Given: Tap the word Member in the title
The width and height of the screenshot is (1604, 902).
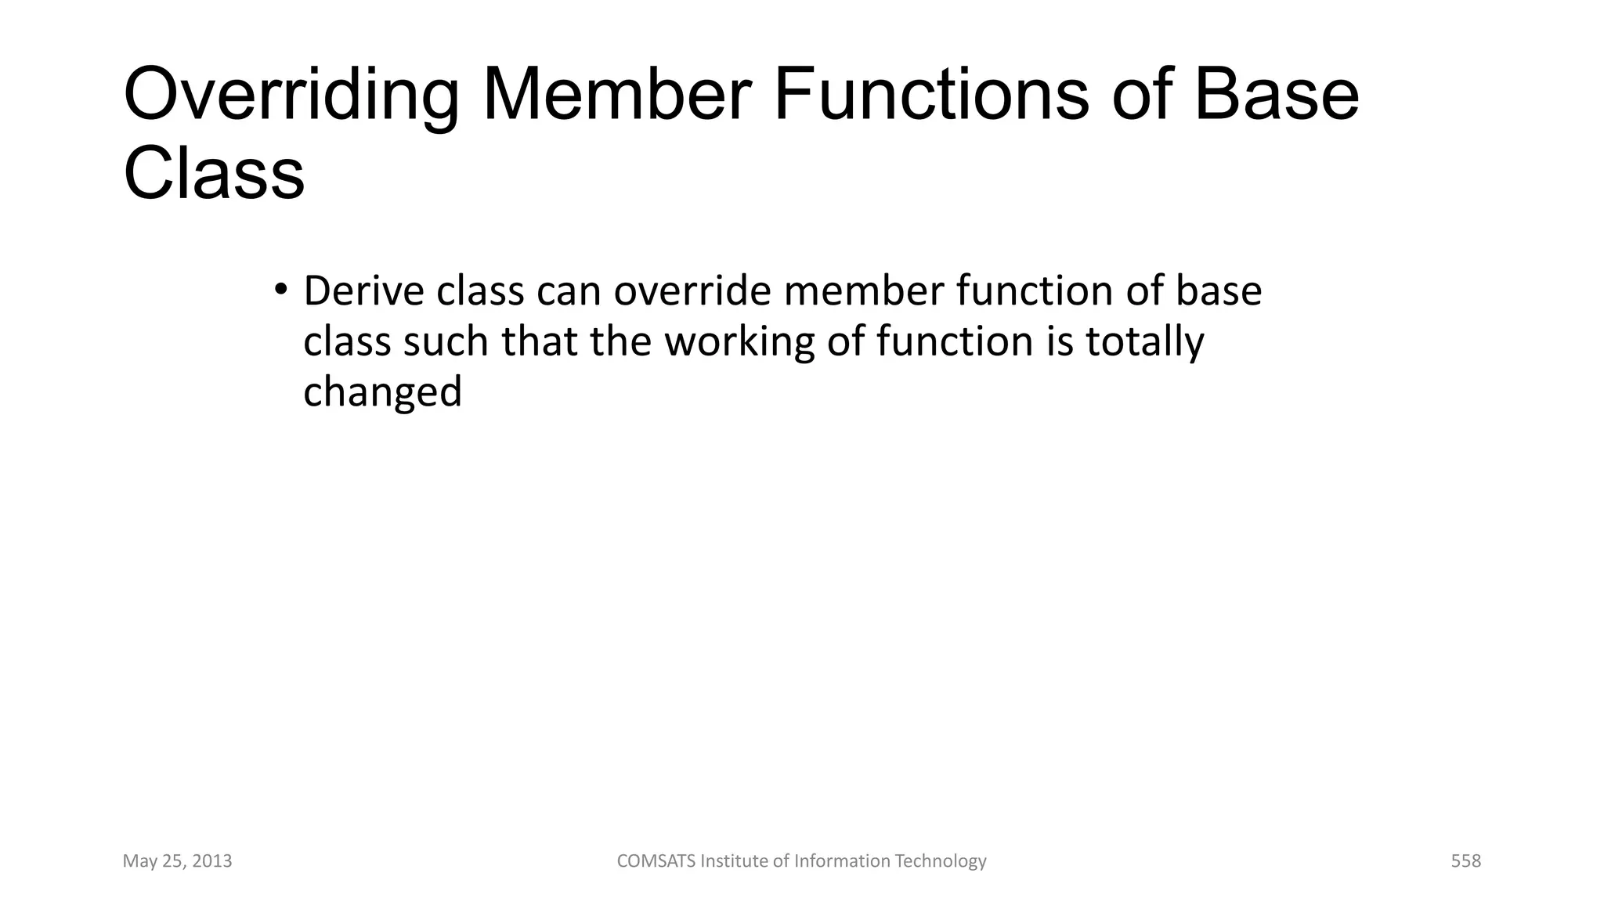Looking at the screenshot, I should pos(617,96).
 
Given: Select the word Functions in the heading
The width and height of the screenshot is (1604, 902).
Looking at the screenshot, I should pos(931,96).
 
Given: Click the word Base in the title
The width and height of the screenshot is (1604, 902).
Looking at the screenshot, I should pos(1276,96).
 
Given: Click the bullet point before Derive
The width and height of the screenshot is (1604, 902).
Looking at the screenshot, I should pos(281,289).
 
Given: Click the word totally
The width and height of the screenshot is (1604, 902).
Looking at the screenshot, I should pos(1144,343).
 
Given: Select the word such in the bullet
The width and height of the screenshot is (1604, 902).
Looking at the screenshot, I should pos(446,342).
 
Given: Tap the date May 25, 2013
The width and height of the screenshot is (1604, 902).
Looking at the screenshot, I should pos(178,861).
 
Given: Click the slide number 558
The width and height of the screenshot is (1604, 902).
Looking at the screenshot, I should pos(1465,861).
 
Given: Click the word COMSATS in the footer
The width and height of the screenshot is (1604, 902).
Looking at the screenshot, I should pos(656,861).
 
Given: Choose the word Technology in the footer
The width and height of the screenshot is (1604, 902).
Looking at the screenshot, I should pos(941,861).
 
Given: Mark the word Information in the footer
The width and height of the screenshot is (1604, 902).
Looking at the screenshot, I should pos(843,861).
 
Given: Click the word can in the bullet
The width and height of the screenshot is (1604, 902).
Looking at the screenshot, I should pos(569,291).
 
